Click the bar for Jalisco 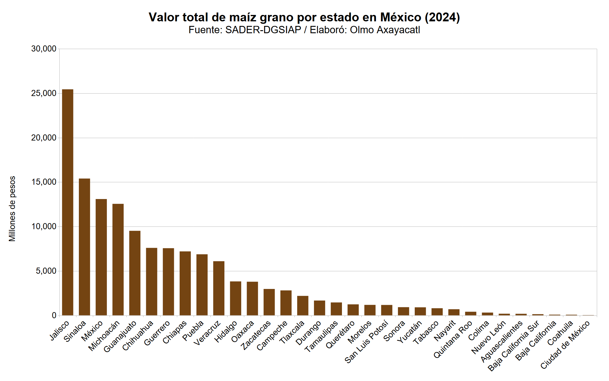pos(68,202)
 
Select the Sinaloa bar pos(84,247)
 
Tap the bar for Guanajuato pos(135,273)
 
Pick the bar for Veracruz pos(219,288)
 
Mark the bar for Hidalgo pos(235,298)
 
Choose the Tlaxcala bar pos(303,306)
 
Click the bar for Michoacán pos(118,260)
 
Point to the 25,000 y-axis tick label pos(44,93)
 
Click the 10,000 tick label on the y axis pos(44,226)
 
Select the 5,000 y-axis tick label pos(46,271)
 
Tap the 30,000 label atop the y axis pos(44,49)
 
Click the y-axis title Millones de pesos pos(12,209)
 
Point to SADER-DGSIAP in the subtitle pos(263,30)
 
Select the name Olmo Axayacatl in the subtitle pos(385,30)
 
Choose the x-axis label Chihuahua pos(138,336)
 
